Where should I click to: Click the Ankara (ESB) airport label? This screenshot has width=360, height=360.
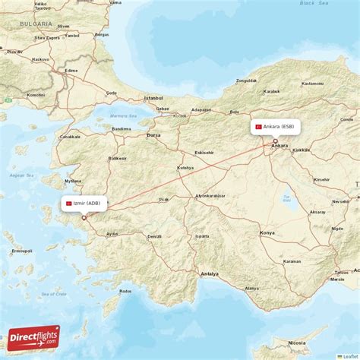click(x=276, y=126)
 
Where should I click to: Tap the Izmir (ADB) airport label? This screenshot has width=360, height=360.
click(x=84, y=204)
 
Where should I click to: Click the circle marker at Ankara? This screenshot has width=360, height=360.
click(x=275, y=141)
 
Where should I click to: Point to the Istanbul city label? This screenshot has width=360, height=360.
click(x=154, y=98)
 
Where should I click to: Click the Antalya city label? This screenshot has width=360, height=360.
click(x=209, y=273)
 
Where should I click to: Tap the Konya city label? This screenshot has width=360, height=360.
click(x=267, y=232)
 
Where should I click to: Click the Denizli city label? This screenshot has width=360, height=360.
click(x=154, y=236)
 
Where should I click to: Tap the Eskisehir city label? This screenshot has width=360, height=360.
click(x=204, y=152)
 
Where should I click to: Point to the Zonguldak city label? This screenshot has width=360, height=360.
click(x=246, y=80)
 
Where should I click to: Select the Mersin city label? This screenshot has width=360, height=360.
click(x=336, y=279)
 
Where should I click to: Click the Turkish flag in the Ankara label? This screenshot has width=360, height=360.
click(x=259, y=126)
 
